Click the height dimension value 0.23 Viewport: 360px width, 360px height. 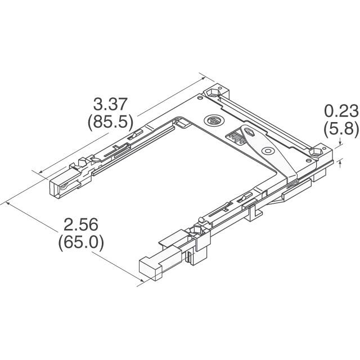point(341,110)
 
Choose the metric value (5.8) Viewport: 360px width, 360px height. point(341,129)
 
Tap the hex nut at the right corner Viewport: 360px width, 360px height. point(317,152)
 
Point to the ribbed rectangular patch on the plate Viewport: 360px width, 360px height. point(236,135)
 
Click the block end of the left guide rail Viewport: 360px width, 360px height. point(58,187)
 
